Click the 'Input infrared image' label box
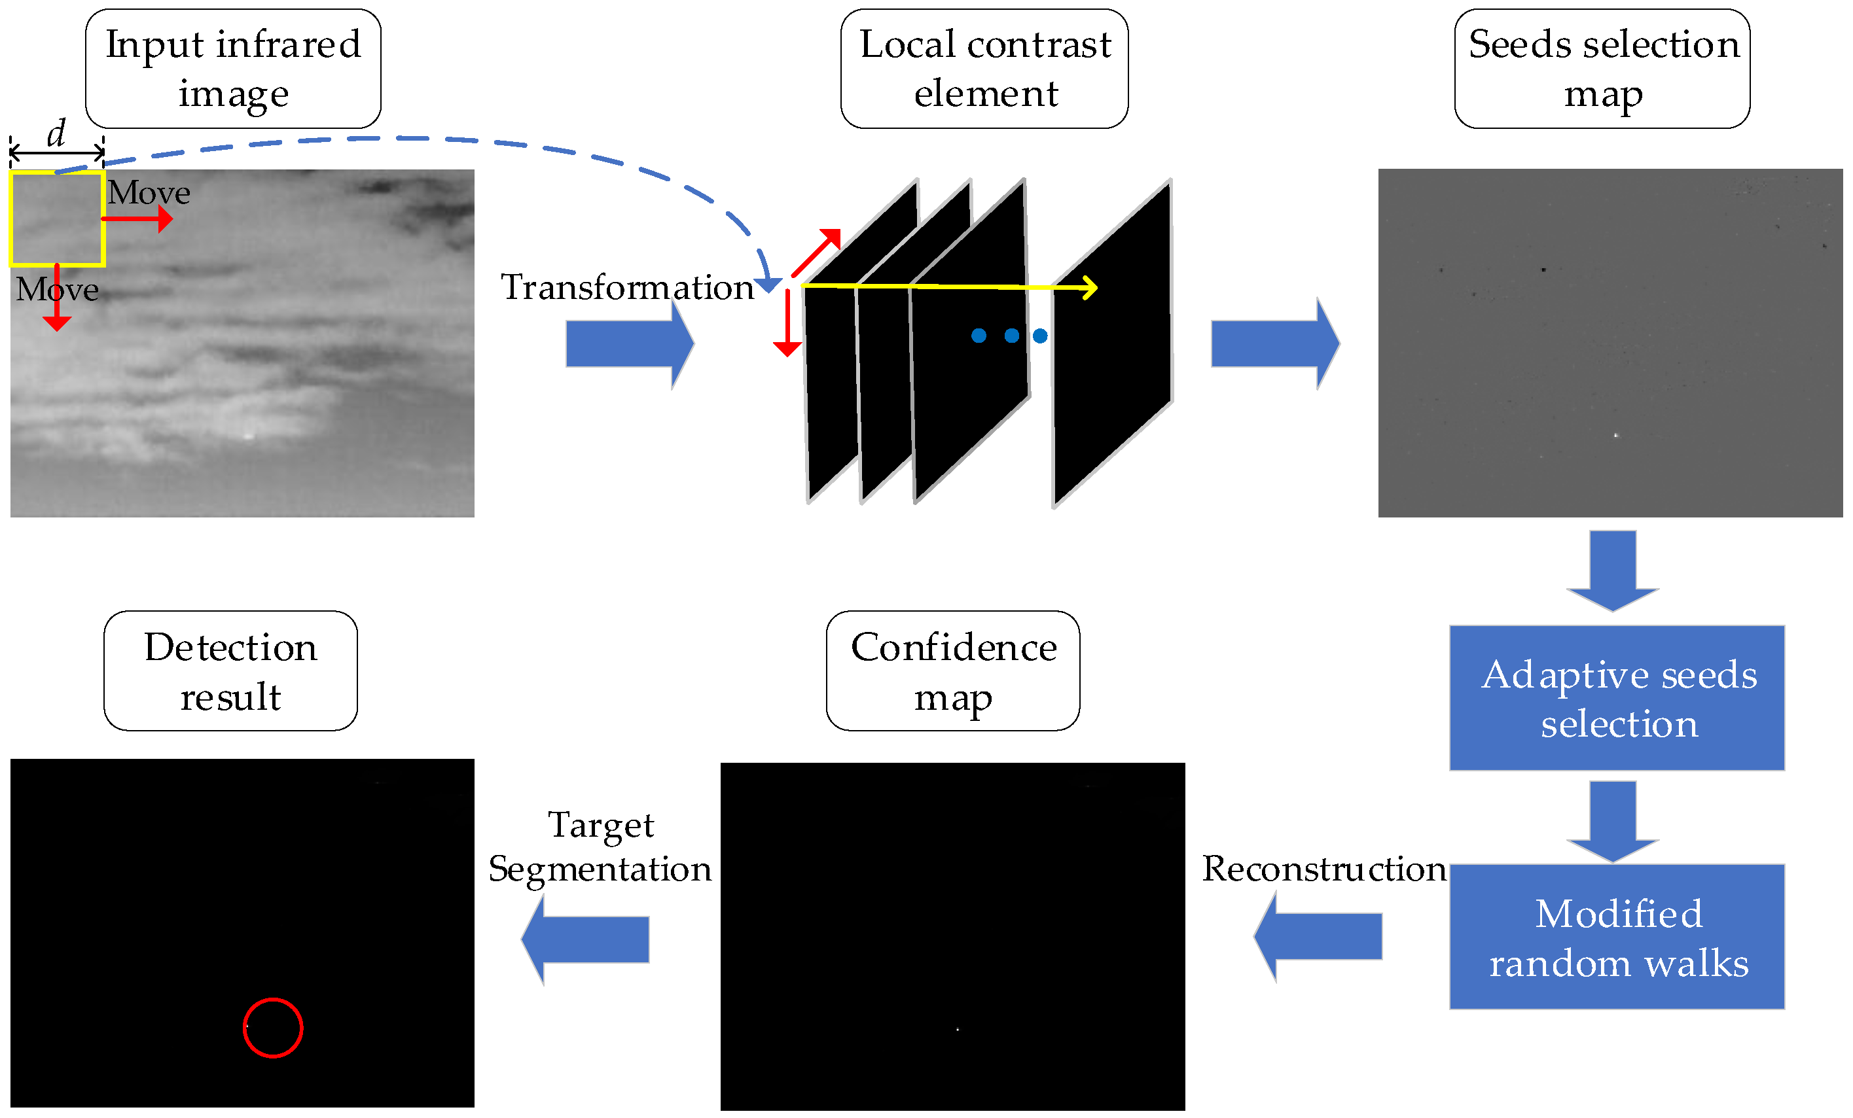232,69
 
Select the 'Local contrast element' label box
984,69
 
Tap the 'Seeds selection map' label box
1602,69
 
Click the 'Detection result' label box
230,671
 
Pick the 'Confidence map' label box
953,671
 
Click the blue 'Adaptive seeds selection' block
1617,698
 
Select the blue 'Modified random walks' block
1617,937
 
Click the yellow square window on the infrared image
57,218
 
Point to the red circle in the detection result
273,1028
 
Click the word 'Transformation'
627,287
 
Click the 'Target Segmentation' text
600,847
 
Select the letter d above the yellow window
56,133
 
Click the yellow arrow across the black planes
948,287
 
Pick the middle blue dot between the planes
1011,336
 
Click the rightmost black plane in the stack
1113,353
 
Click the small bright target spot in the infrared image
249,435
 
